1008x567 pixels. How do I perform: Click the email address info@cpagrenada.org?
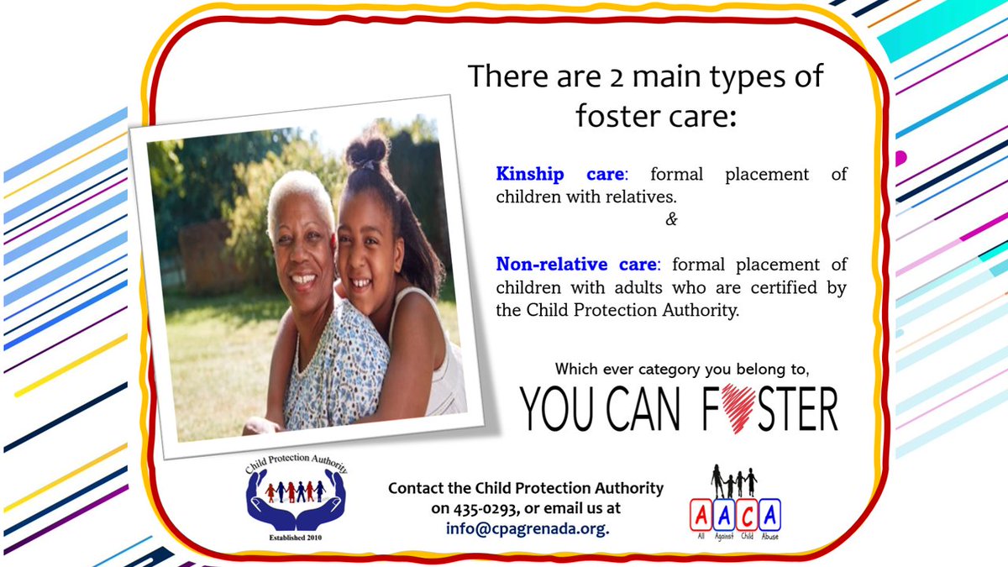(528, 528)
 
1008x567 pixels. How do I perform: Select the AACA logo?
(734, 503)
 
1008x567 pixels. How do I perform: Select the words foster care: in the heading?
(656, 115)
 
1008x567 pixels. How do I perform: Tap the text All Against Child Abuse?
(733, 534)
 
